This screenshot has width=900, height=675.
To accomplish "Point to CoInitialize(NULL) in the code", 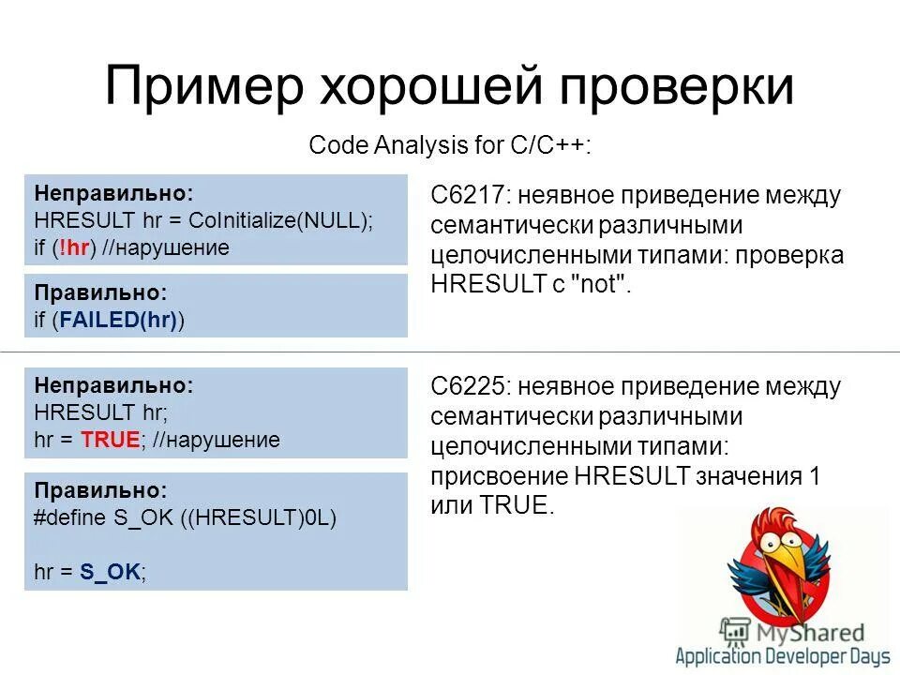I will [x=279, y=220].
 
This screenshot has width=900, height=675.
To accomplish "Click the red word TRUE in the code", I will [x=111, y=439].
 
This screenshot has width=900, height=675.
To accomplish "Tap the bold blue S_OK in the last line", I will [x=111, y=572].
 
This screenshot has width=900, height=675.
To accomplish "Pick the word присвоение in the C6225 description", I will [x=491, y=475].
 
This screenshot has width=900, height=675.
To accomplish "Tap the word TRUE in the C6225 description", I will [x=514, y=505].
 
